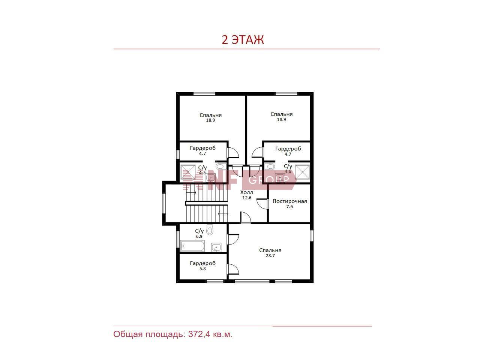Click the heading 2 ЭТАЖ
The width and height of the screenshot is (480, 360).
click(x=243, y=40)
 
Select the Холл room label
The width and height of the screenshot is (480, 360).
click(x=246, y=192)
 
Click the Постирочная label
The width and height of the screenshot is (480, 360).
click(x=290, y=201)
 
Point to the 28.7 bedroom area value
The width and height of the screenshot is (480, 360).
click(x=270, y=256)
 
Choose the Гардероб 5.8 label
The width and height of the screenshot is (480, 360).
click(x=203, y=266)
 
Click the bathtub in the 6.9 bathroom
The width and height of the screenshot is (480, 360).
click(x=192, y=246)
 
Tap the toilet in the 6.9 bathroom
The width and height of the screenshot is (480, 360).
click(x=210, y=230)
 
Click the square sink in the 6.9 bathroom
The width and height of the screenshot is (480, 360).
click(x=216, y=247)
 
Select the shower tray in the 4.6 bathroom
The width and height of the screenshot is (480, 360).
click(x=302, y=172)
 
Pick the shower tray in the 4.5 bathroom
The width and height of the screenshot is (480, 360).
click(x=188, y=172)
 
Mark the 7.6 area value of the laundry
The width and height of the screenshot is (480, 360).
click(x=289, y=207)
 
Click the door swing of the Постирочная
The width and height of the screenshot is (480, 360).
click(x=262, y=204)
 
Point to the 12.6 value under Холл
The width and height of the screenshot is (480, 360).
click(x=247, y=198)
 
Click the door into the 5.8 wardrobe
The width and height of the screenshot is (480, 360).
click(x=233, y=269)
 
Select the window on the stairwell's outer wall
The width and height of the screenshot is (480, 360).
click(x=163, y=203)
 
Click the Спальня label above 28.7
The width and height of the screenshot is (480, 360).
click(x=270, y=250)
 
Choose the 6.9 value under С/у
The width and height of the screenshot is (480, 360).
click(x=199, y=237)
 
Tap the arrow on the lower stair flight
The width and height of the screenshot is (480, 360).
click(x=223, y=213)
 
